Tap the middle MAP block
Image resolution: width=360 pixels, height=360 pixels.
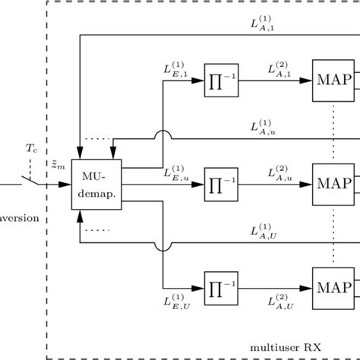coord(333,185)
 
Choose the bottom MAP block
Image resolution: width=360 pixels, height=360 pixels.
coord(333,288)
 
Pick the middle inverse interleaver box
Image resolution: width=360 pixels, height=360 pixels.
coord(221,185)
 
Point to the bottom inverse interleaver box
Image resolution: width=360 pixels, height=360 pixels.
coord(221,288)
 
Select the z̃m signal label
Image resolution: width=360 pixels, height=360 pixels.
coord(58,166)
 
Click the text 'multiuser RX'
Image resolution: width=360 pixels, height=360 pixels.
coord(286,346)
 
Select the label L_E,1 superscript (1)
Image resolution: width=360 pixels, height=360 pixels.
coord(174,69)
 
